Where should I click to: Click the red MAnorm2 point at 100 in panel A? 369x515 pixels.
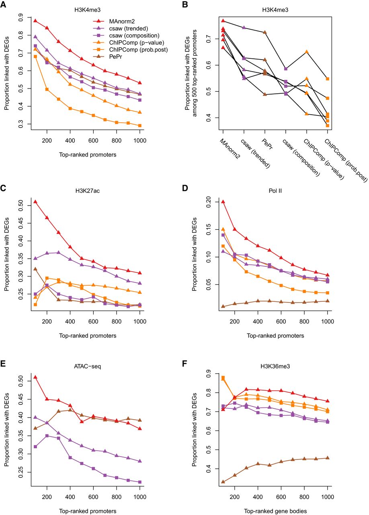35,21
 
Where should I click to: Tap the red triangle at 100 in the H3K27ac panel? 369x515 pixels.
35,202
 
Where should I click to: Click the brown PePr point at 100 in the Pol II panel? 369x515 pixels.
223,306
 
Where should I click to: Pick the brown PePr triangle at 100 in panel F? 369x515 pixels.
223,482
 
